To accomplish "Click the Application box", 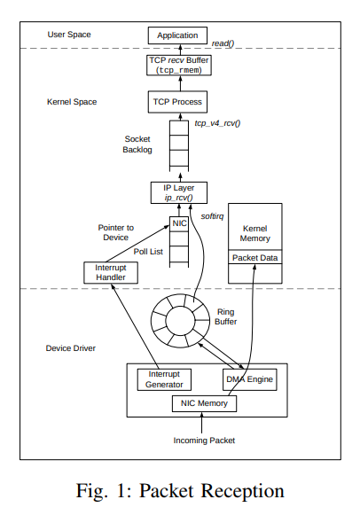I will (177, 36).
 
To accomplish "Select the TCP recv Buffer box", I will (177, 66).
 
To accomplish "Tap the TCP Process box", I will (177, 103).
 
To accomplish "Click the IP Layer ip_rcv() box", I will (177, 192).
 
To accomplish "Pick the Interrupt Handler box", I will (111, 272).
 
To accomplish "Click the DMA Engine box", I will (248, 379).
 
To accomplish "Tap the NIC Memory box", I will (205, 404).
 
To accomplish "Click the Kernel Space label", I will (74, 103).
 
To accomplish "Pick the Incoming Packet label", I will (205, 440).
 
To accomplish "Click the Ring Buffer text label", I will (230, 317).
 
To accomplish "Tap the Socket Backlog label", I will (138, 145).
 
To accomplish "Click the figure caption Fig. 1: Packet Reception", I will (180, 490).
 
